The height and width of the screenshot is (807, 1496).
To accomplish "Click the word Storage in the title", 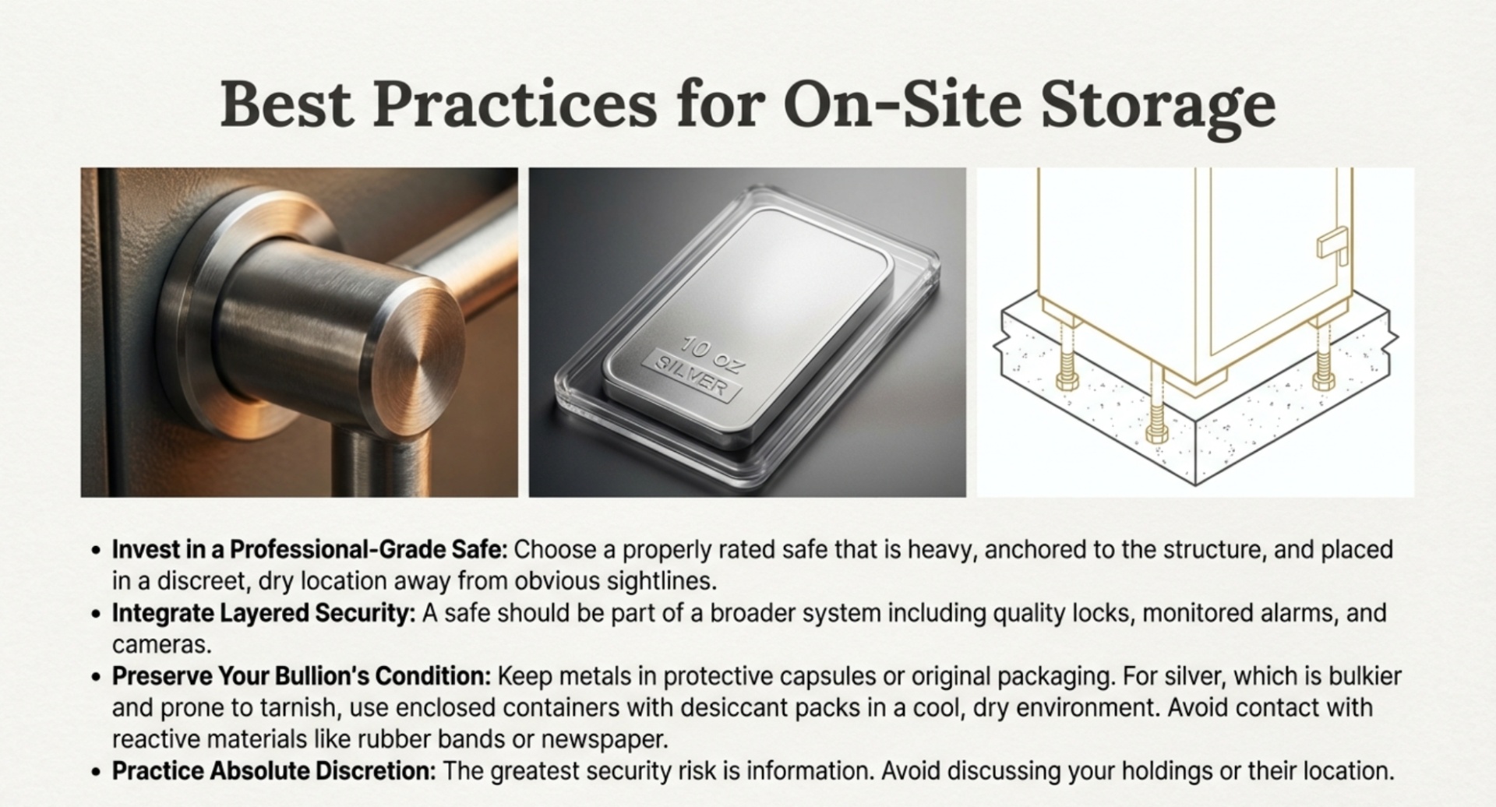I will coord(1158,105).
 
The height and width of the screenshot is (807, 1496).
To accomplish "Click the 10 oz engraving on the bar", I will coord(713,354).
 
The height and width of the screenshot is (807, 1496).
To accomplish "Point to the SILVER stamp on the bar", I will coord(693,378).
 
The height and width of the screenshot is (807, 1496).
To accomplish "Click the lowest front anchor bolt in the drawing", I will coord(1156,428).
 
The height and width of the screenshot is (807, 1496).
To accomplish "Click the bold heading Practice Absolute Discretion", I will coord(273,771).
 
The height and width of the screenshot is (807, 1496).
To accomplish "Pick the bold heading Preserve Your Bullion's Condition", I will coord(302,676).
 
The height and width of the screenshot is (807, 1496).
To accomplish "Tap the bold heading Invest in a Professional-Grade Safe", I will coord(309,550).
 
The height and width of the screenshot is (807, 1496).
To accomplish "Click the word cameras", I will coord(161,645).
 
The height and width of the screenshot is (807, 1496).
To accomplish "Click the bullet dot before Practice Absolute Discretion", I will coord(96,772).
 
